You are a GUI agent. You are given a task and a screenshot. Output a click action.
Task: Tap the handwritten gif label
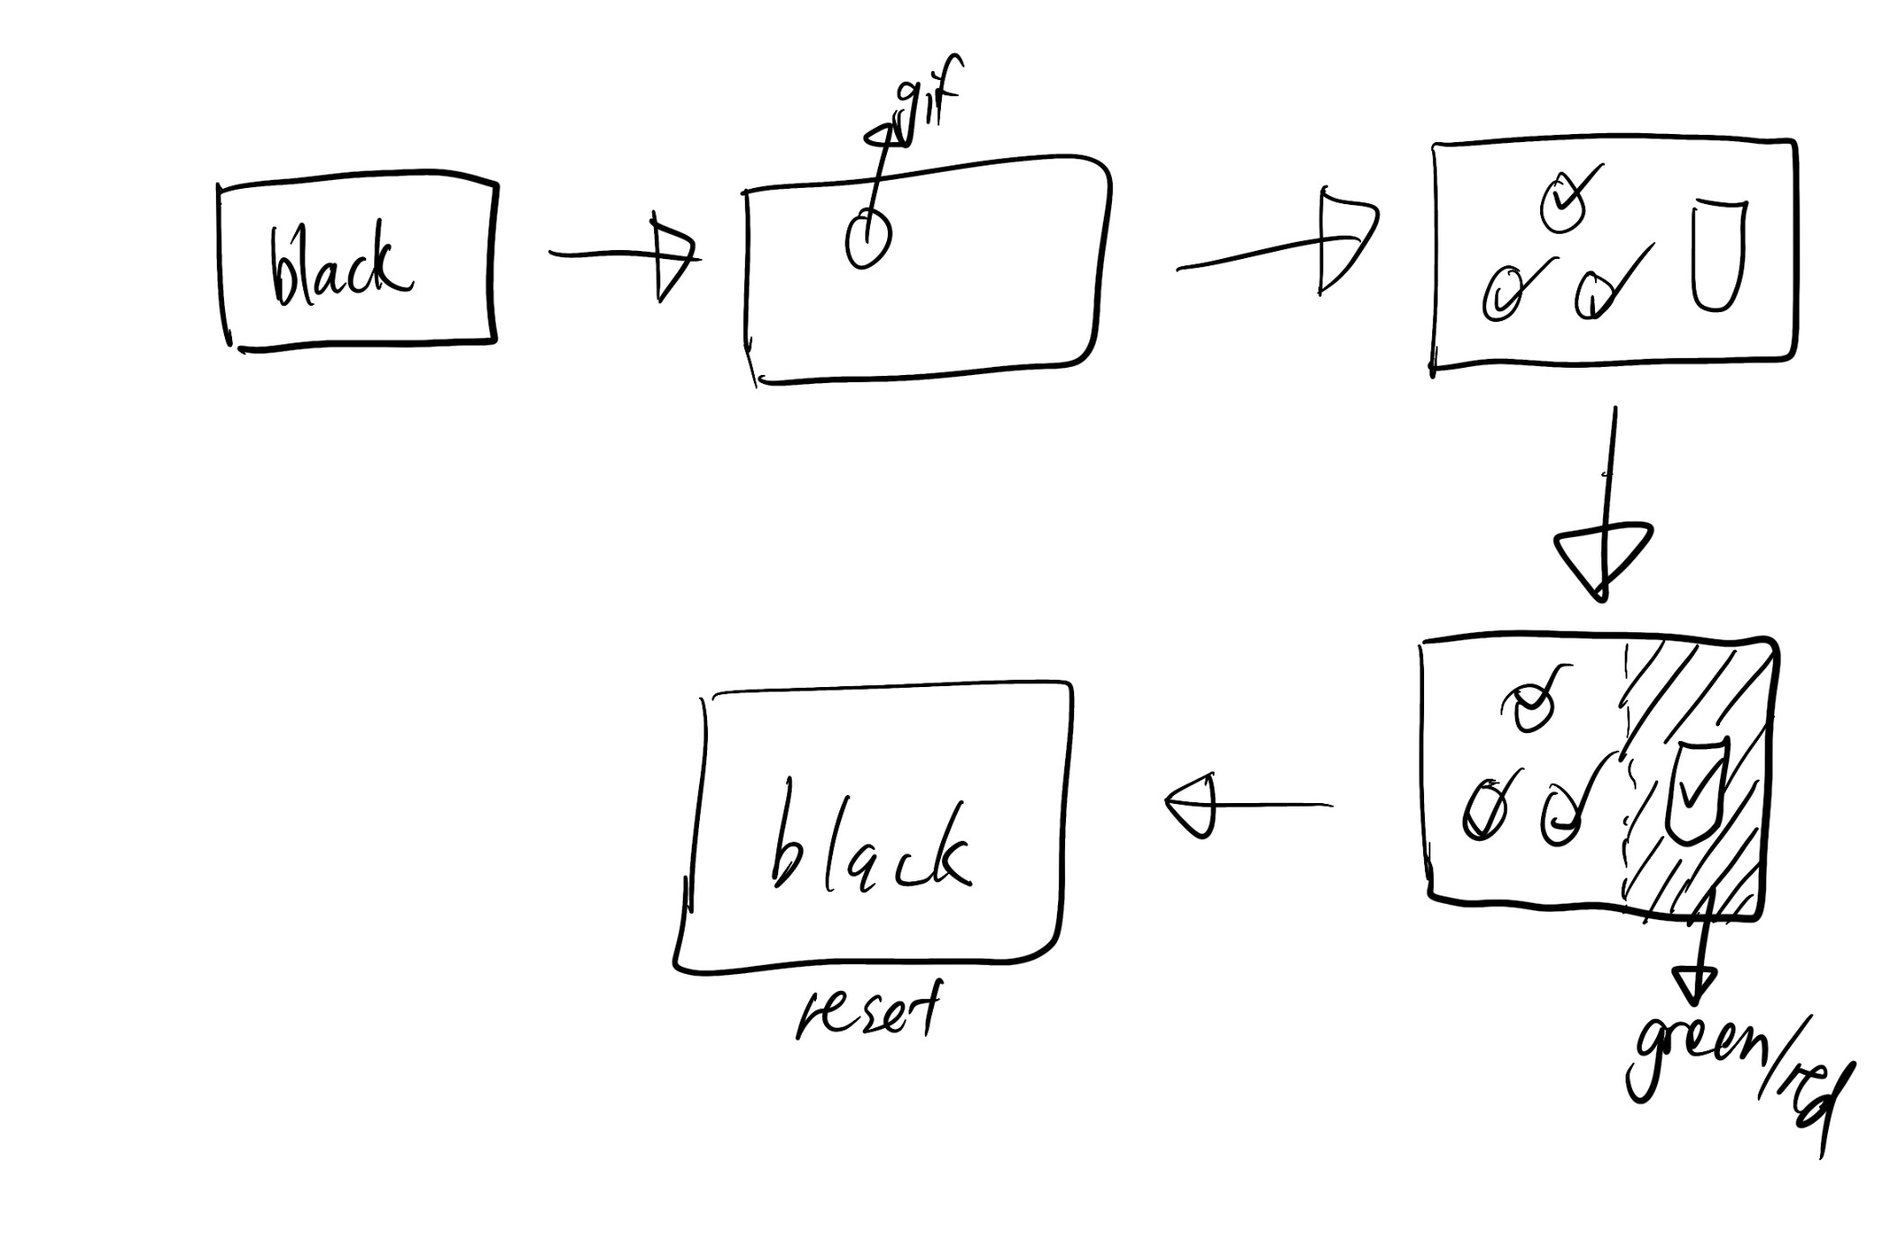927,99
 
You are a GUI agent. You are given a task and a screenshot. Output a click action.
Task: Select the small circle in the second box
867,238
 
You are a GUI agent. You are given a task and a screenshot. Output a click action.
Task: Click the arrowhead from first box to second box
673,256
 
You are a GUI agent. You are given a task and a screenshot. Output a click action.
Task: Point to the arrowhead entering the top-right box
1345,240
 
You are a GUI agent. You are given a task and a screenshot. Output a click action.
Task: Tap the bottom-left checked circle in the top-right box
1501,294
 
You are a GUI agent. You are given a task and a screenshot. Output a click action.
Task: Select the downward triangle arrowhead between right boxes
1601,558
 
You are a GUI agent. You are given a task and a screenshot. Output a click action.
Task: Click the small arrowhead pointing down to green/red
1694,984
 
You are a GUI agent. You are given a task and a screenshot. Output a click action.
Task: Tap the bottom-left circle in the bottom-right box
1482,809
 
